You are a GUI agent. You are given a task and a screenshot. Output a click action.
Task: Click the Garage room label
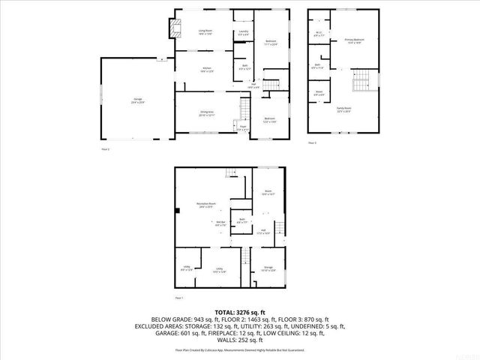tap(138, 101)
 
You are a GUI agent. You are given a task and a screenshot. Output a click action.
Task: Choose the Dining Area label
tap(206, 114)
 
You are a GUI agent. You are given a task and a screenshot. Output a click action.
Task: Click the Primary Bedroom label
tap(353, 40)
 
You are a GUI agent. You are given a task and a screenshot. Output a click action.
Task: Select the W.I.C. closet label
tap(319, 33)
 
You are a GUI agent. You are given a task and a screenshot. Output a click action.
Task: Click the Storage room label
tap(268, 268)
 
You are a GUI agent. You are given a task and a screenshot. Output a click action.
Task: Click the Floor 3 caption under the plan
tap(313, 142)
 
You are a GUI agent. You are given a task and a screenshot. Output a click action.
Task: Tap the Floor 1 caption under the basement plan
tap(179, 297)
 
